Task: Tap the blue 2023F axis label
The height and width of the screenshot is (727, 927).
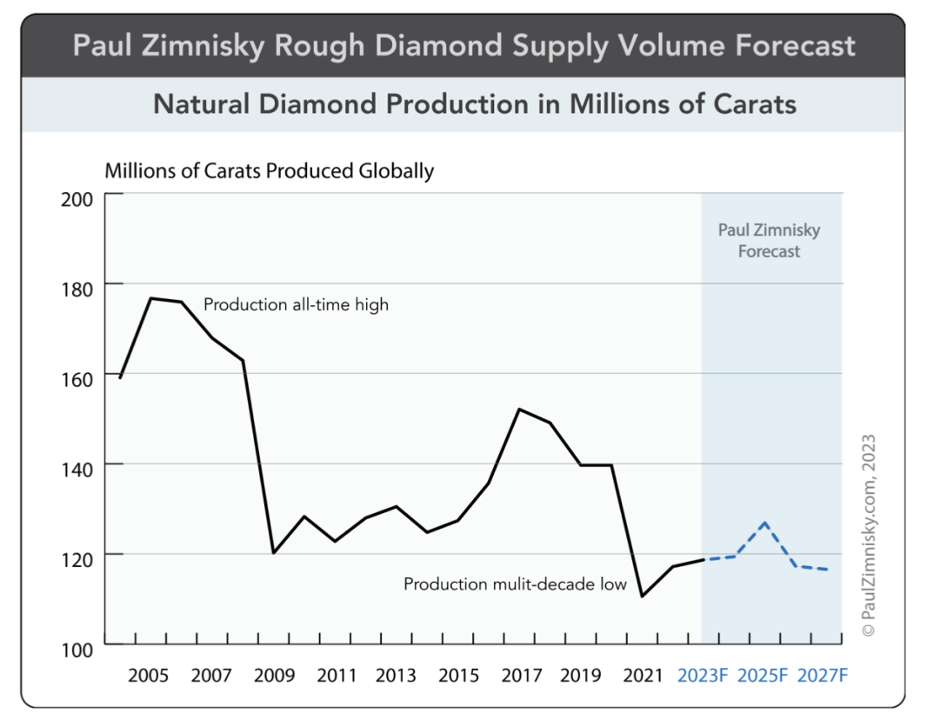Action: coord(703,676)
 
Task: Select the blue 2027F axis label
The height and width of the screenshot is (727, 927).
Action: coord(822,676)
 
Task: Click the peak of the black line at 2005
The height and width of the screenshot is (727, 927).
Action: coord(151,298)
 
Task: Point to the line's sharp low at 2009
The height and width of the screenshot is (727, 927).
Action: coord(273,552)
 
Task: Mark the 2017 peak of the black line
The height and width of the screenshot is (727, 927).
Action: coord(518,409)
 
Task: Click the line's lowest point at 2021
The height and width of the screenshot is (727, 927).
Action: coord(642,596)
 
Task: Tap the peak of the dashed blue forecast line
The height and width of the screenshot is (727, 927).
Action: coord(764,523)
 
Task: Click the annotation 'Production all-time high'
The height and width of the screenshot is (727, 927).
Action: coord(296,305)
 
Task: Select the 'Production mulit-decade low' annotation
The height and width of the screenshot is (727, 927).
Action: coord(515,584)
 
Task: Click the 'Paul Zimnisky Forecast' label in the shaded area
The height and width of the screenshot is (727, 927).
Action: coord(769,241)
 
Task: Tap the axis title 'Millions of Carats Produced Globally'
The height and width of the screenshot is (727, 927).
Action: coord(269,170)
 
